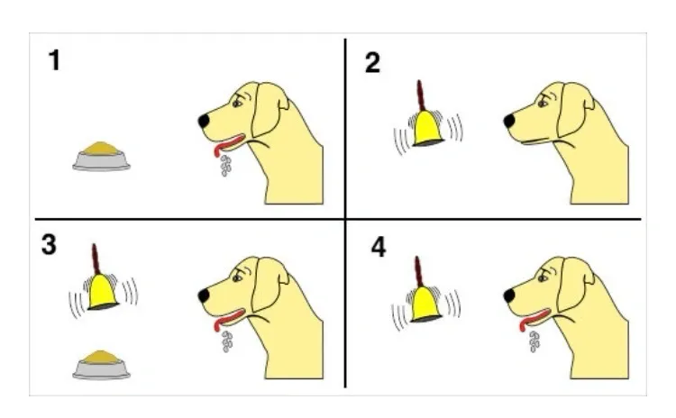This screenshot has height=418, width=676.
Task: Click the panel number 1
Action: [x=54, y=59]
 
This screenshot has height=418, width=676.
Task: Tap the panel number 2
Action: [x=372, y=63]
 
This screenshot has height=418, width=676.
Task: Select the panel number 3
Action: [x=49, y=245]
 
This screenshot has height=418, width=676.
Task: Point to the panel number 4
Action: [x=379, y=248]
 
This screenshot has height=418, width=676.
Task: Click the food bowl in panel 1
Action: [x=101, y=156]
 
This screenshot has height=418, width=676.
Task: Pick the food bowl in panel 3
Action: [x=101, y=365]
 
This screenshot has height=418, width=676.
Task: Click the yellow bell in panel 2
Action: [x=427, y=129]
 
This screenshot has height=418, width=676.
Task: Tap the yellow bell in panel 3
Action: [x=103, y=292]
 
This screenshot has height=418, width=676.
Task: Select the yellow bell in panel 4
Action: [x=425, y=304]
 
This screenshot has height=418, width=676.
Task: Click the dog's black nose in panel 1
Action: [x=204, y=120]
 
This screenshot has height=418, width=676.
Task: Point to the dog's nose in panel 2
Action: [x=509, y=120]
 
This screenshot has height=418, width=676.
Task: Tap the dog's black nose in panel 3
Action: [x=204, y=295]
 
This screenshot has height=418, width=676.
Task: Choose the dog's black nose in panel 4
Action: [x=509, y=295]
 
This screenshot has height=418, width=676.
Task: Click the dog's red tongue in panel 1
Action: [x=228, y=144]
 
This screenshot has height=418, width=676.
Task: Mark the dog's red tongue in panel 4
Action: [x=533, y=319]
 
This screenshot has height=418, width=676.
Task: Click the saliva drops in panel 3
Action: [x=227, y=341]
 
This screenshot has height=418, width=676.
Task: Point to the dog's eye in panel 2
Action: [x=543, y=104]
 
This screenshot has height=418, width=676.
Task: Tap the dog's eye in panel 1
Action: [x=238, y=104]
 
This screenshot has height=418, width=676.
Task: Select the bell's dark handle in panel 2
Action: [x=421, y=95]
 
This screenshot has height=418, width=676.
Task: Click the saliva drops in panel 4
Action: [x=534, y=341]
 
